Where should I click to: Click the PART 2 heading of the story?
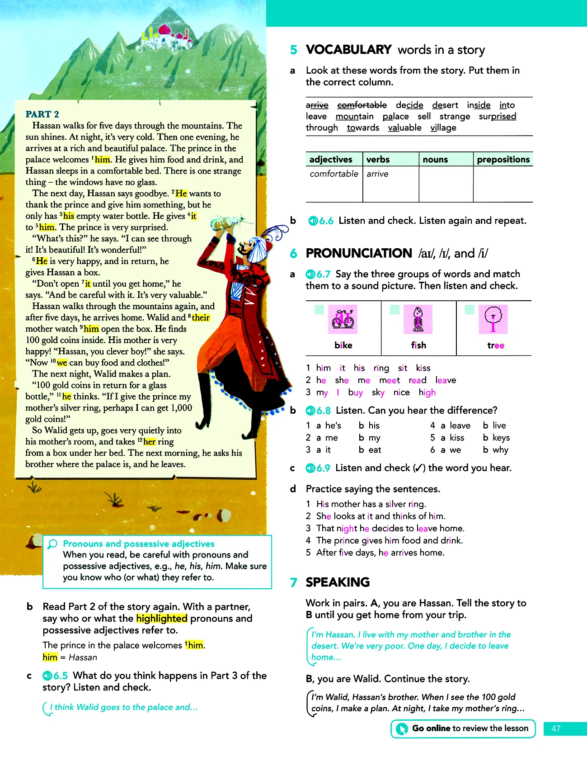tap(42, 114)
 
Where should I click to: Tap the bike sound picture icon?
tap(343, 319)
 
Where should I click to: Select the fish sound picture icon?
tap(418, 319)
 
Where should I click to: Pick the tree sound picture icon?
tap(493, 319)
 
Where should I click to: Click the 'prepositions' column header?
tap(503, 159)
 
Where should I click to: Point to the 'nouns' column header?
tap(435, 159)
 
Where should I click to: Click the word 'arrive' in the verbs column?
tap(377, 174)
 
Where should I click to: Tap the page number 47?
tap(556, 728)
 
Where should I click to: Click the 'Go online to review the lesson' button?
tap(463, 728)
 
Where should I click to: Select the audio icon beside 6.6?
tap(313, 221)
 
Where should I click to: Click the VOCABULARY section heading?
tap(348, 49)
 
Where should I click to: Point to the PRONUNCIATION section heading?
tap(359, 253)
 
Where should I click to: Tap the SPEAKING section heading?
tap(338, 582)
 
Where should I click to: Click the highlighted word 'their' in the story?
tap(201, 318)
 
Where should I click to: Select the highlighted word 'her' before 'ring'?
tap(150, 442)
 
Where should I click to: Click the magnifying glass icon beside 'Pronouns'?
tap(53, 544)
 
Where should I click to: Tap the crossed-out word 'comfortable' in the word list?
tap(362, 105)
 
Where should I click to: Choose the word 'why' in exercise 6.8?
tap(500, 450)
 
